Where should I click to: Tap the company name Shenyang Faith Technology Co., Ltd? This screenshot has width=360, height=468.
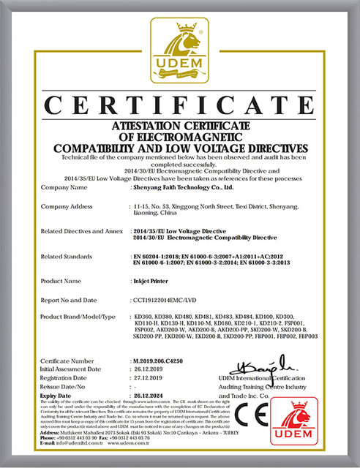[182, 187]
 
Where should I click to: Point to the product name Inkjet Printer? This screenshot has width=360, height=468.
[151, 281]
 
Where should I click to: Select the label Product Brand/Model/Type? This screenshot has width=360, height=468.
[79, 315]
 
